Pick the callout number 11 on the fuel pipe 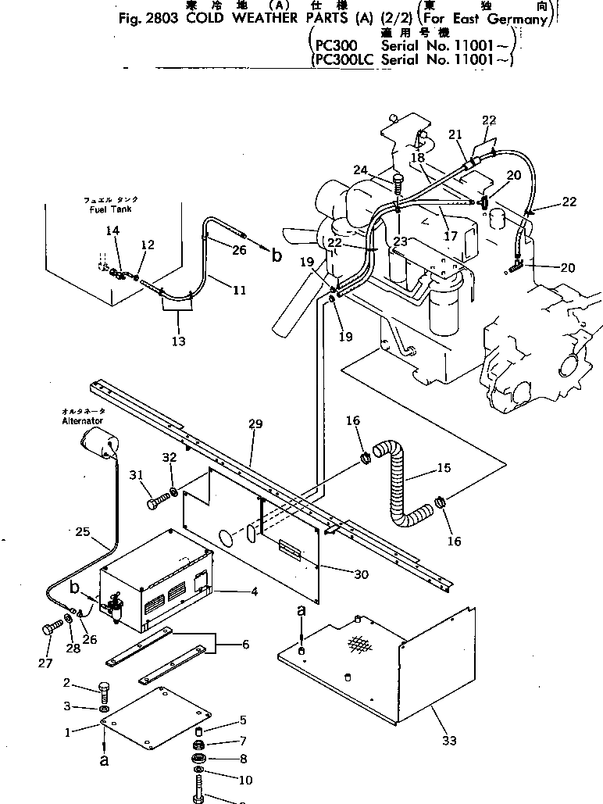(239, 290)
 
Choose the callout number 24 (360, 170)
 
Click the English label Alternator (81, 420)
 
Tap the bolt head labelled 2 (105, 688)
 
